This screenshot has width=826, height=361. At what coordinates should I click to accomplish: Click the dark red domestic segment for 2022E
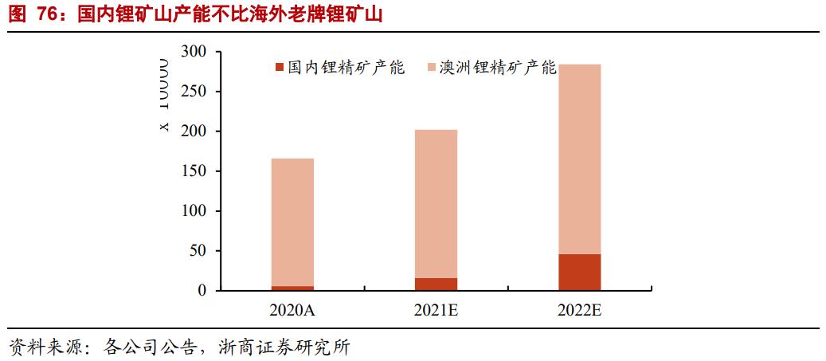(579, 273)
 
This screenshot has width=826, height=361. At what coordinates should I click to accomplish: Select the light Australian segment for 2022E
(579, 159)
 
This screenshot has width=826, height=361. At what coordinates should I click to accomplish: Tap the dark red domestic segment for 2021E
(436, 284)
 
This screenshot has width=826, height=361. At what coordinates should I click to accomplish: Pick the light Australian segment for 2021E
(436, 203)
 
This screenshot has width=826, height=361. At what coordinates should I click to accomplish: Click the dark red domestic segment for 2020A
(292, 288)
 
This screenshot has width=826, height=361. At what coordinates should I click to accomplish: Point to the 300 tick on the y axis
(194, 52)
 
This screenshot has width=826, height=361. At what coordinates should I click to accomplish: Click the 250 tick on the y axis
(194, 92)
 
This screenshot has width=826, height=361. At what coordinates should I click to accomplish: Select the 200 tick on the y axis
(194, 131)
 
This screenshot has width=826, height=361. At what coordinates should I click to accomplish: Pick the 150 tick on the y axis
(194, 171)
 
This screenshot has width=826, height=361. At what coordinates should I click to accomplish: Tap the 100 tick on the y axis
(194, 211)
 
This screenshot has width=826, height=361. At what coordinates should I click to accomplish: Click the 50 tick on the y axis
(198, 251)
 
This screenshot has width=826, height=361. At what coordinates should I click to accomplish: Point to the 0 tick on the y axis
(202, 291)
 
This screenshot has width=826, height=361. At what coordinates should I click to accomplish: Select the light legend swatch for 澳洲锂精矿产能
(431, 68)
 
